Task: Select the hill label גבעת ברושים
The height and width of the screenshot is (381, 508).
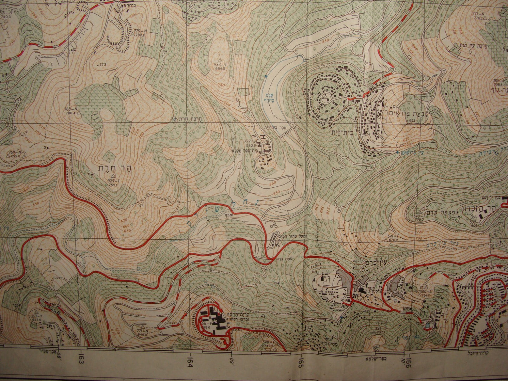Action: (406, 113)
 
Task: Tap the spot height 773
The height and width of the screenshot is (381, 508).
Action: (103, 65)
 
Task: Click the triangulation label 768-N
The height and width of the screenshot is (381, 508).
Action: (71, 109)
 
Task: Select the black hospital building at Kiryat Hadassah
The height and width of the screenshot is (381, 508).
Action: (216, 317)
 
